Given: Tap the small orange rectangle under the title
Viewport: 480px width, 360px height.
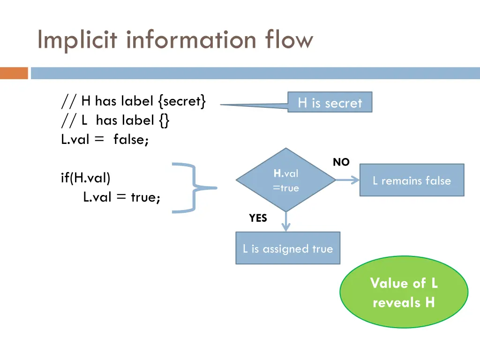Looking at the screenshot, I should [14, 73].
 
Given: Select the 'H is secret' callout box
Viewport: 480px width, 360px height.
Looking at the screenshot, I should [330, 103].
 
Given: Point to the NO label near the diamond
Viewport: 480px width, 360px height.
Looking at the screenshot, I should [341, 162].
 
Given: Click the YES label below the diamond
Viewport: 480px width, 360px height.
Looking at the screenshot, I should [258, 218].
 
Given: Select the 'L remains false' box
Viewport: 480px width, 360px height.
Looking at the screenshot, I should [412, 180].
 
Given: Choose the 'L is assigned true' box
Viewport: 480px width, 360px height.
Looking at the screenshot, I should [287, 248].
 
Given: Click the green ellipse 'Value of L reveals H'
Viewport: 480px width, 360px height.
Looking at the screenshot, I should [404, 292].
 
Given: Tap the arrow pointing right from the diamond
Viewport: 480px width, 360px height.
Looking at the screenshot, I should [348, 180].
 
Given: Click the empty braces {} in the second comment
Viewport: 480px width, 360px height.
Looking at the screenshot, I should [164, 120].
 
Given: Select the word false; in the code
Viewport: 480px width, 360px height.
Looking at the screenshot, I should [131, 140].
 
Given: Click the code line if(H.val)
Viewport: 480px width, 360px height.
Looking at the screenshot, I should [85, 178].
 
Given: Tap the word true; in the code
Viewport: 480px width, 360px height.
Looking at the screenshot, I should [146, 197].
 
